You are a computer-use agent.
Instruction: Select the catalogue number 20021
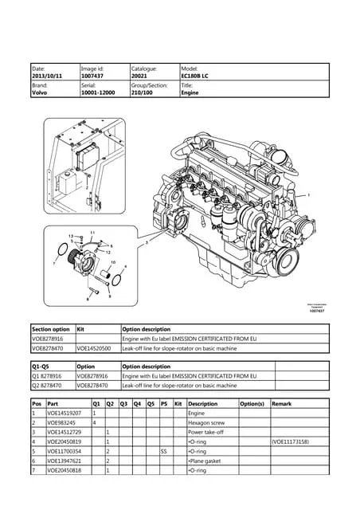point(139,76)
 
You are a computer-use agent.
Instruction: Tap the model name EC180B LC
point(195,76)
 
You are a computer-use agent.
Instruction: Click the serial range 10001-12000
point(99,92)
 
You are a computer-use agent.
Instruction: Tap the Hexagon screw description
point(206,422)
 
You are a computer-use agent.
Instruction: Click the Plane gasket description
point(204,461)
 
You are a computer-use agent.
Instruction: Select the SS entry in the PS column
point(164,451)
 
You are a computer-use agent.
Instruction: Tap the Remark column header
point(283,403)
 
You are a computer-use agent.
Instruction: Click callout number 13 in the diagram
point(71,237)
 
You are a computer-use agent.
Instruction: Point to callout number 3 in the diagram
point(147,241)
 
